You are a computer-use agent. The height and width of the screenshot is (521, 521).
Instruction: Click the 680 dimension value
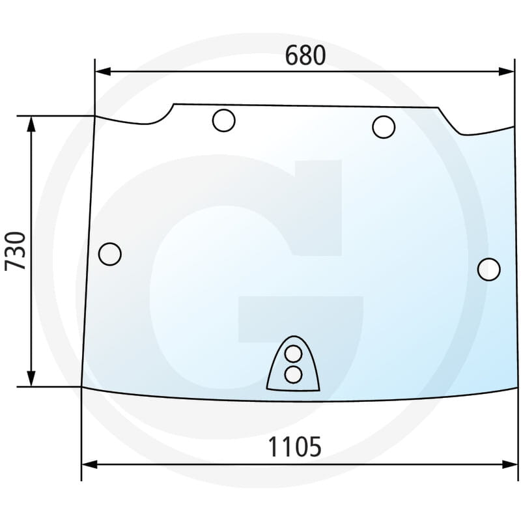coord(305,57)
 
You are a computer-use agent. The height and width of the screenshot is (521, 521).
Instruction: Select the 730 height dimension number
coord(16,251)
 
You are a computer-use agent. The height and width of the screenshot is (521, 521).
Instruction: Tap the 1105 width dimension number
coord(295,447)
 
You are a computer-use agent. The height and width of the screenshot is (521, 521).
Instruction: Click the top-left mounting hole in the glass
coord(223,120)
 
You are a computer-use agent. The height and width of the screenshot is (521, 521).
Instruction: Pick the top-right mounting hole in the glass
coord(384,126)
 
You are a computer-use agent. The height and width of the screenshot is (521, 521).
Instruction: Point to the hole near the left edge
coord(110,253)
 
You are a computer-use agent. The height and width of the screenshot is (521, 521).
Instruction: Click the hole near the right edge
coord(488,269)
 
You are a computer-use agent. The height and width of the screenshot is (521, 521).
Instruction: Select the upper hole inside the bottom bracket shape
coord(294,354)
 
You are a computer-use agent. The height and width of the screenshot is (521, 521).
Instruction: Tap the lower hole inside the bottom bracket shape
coord(294,374)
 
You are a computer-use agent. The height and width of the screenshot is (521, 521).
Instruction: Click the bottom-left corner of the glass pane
coord(81,386)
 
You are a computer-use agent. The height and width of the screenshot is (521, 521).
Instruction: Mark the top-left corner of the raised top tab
coord(173,104)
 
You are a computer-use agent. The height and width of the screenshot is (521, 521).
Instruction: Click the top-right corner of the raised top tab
coord(438,107)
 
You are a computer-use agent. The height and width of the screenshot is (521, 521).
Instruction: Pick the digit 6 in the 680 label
coord(292,57)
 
